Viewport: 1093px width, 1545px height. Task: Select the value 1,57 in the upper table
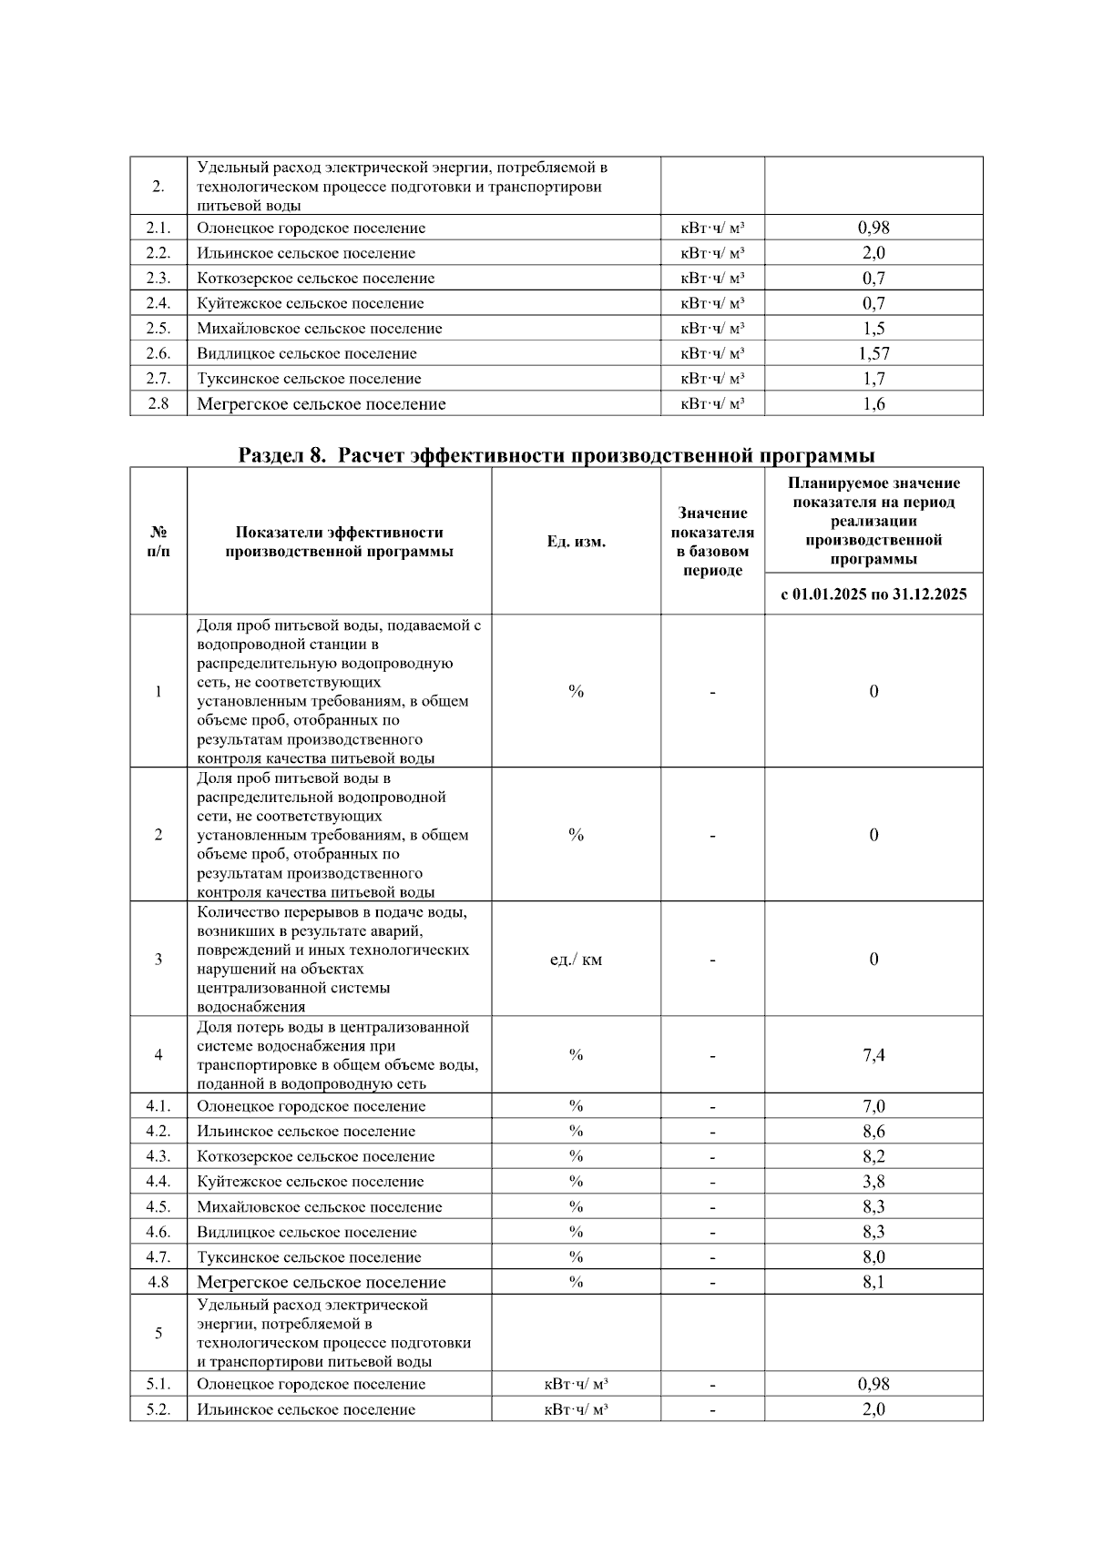[x=873, y=353]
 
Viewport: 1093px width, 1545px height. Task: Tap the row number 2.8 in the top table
[x=158, y=403]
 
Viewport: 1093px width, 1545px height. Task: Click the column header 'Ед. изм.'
[x=576, y=542]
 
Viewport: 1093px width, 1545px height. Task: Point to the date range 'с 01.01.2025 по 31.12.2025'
[x=873, y=595]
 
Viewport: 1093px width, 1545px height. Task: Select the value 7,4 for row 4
[x=873, y=1055]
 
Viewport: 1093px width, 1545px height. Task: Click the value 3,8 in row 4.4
[x=873, y=1182]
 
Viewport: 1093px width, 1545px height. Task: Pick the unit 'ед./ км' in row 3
[x=576, y=960]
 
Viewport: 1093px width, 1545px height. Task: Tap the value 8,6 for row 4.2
[x=873, y=1132]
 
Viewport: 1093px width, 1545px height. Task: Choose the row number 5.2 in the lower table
[x=158, y=1409]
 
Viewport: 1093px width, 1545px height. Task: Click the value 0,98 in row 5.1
[x=873, y=1384]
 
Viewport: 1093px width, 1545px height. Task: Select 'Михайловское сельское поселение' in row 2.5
[x=319, y=329]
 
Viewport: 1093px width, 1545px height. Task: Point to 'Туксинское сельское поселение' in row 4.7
[x=309, y=1257]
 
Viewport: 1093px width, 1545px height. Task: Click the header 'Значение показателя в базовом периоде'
[x=712, y=542]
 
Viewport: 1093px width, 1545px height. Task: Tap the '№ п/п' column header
[x=158, y=542]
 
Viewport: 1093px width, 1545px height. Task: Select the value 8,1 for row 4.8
[x=873, y=1282]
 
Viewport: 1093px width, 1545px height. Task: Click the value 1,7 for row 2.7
[x=873, y=379]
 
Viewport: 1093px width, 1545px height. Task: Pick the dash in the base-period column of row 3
[x=712, y=960]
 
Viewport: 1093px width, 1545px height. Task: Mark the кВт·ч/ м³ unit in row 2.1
[x=712, y=229]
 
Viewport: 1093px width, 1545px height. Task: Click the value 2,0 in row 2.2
[x=873, y=253]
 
